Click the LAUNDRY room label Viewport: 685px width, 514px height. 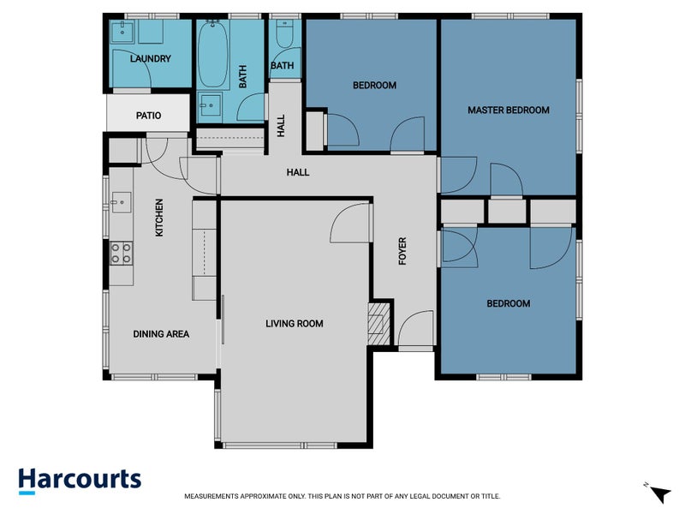(150, 59)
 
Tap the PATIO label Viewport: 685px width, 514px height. (150, 116)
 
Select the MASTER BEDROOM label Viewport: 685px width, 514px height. (508, 111)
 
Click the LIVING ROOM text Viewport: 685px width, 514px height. (294, 324)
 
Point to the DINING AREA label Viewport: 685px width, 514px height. (161, 334)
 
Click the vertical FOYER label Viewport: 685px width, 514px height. (402, 250)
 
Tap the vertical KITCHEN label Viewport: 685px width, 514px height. (158, 218)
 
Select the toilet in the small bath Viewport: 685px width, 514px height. (285, 36)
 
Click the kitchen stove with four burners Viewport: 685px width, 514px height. (121, 252)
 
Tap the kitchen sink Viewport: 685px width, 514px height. (119, 203)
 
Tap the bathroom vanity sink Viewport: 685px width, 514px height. (209, 107)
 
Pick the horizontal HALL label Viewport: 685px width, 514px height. (297, 172)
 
